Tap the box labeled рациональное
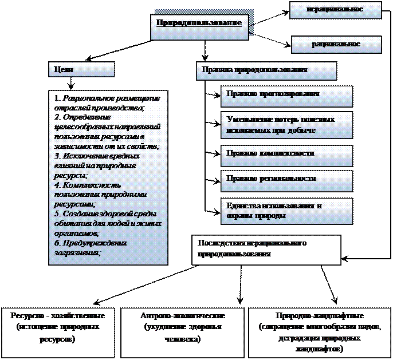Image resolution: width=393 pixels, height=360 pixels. click(336, 44)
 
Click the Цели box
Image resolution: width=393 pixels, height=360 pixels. click(81, 69)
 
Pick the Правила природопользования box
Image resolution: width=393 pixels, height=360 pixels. click(266, 70)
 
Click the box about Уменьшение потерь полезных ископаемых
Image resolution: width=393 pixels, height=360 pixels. click(286, 126)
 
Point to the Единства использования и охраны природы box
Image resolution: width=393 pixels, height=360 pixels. click(286, 211)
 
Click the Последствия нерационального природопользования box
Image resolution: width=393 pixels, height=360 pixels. click(266, 248)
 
